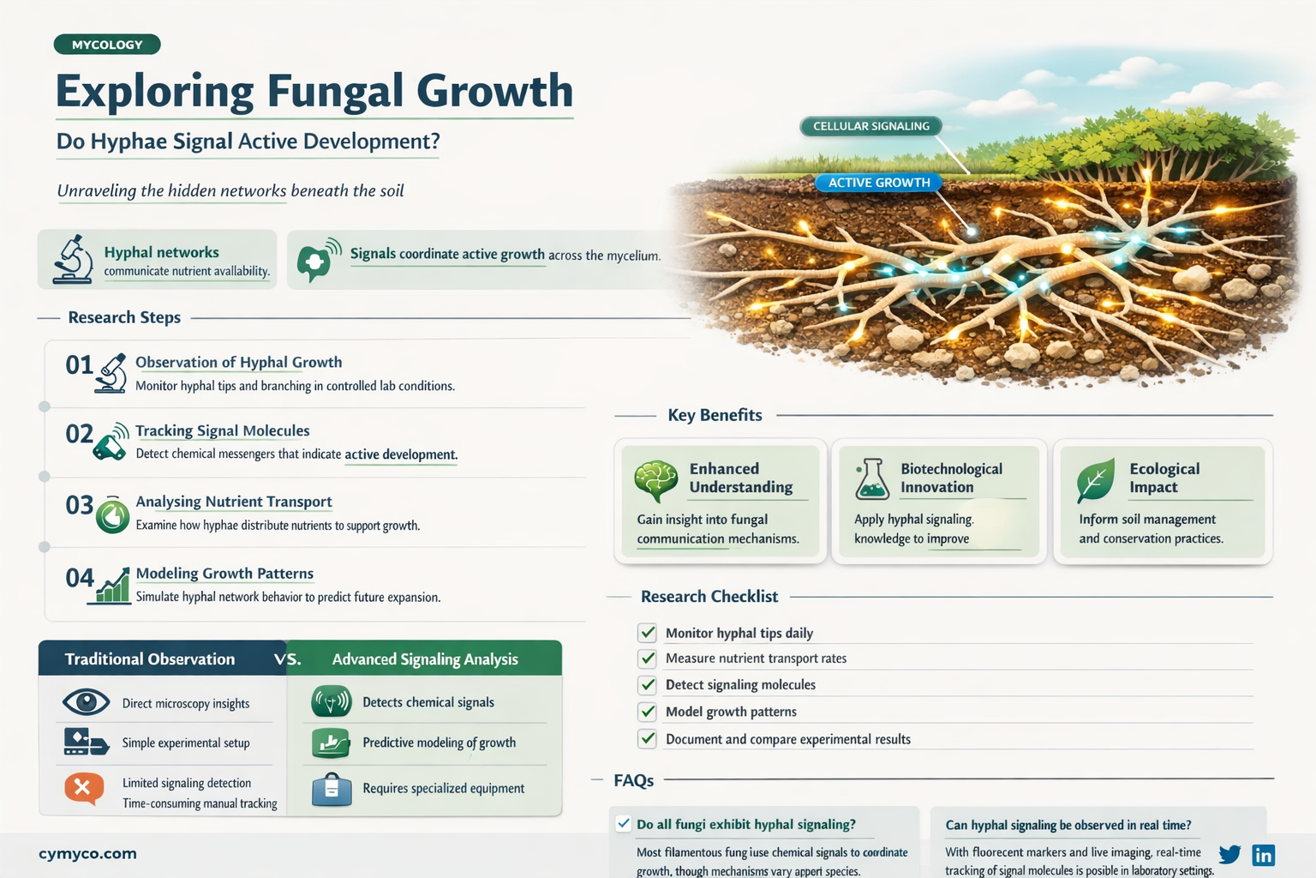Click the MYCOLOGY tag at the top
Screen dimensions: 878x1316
tap(107, 45)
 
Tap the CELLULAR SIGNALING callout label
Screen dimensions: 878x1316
tap(870, 126)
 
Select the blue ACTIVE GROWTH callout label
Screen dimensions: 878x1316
tap(878, 183)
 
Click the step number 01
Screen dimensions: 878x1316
tap(79, 365)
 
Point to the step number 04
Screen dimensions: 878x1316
tap(80, 578)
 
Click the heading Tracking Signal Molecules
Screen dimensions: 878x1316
tap(222, 430)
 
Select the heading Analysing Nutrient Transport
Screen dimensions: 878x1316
tap(233, 502)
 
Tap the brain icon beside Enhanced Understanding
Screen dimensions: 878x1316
tap(656, 480)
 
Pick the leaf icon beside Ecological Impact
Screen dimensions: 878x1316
tap(1096, 479)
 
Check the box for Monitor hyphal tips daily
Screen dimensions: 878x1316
tap(648, 633)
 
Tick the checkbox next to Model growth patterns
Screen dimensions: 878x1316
tap(648, 712)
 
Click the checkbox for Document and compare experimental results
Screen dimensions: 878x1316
tap(648, 738)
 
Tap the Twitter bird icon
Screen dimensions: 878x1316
tap(1229, 854)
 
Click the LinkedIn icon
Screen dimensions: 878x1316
tap(1263, 855)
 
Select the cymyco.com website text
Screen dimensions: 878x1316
tap(87, 854)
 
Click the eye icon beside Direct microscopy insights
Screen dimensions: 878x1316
tap(86, 702)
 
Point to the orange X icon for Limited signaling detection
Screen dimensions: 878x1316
tap(83, 787)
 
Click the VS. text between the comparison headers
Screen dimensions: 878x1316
tap(288, 659)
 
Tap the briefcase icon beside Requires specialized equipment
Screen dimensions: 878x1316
tap(332, 789)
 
